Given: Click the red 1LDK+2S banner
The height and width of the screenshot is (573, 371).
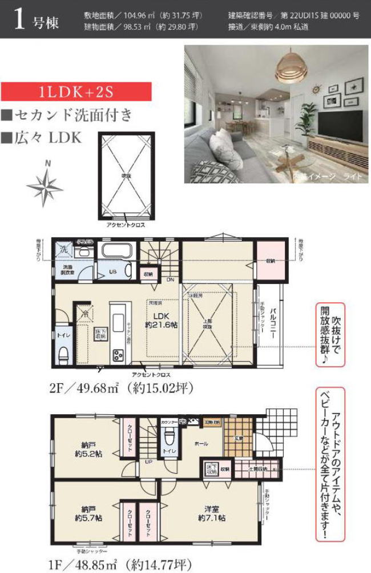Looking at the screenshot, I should pyautogui.click(x=76, y=92).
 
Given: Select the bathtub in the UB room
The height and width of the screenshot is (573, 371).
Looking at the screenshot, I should pyautogui.click(x=116, y=251).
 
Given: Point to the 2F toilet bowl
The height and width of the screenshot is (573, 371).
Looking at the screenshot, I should pyautogui.click(x=63, y=354).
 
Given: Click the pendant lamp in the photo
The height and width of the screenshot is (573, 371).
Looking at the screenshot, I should pyautogui.click(x=290, y=69).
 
